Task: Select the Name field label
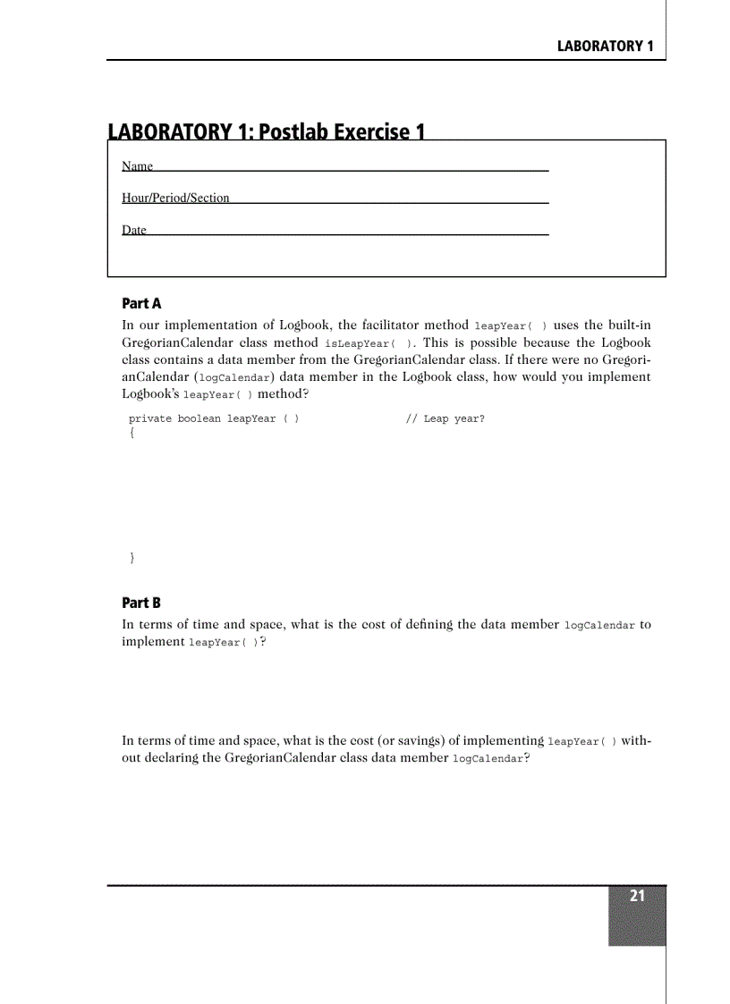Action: [x=137, y=166]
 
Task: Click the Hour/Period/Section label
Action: [x=175, y=198]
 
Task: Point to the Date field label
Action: [x=133, y=230]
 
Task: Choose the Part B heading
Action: [x=140, y=603]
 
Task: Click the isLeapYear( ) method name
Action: [x=362, y=343]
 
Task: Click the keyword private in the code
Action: [x=149, y=418]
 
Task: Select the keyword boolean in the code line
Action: [x=199, y=418]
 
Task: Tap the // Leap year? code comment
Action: [x=445, y=418]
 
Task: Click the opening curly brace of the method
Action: [x=132, y=434]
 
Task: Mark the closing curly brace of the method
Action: [x=132, y=558]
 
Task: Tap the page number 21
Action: [x=637, y=897]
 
